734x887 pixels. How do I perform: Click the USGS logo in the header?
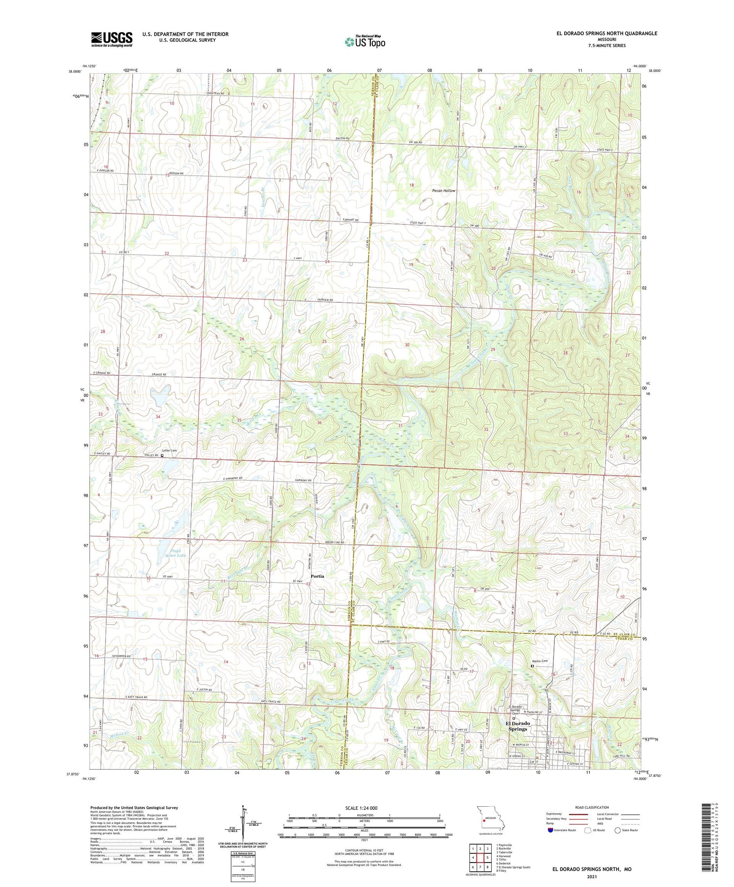[112, 39]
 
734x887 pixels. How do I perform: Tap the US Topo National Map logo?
[365, 42]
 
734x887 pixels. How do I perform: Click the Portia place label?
[317, 576]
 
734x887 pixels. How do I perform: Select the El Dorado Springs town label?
[517, 726]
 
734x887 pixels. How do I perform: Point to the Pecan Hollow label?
[443, 191]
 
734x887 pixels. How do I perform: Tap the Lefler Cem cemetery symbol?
[162, 455]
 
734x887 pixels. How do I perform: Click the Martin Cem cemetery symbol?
[533, 666]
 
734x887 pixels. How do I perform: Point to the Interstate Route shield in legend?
[550, 830]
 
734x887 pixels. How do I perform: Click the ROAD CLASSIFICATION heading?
[592, 807]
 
